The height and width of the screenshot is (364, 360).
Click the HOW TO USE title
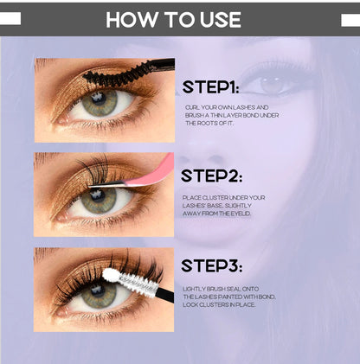pos(179,19)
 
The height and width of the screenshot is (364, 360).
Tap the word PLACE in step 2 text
pos(193,197)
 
